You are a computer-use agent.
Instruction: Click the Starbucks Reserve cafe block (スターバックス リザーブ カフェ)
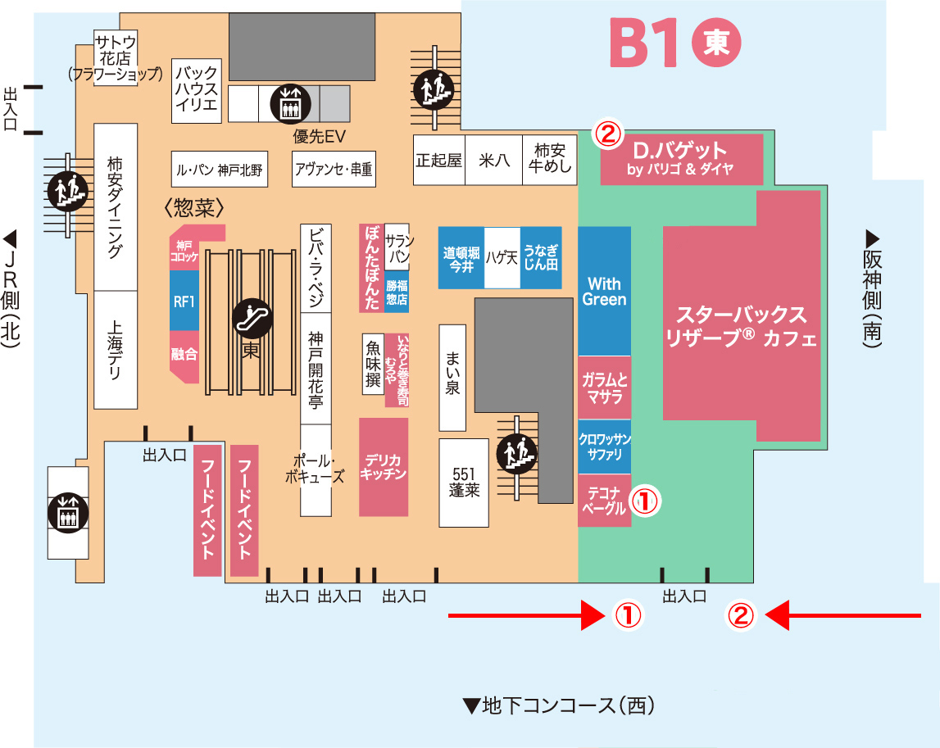(742, 326)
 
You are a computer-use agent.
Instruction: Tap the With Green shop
(605, 291)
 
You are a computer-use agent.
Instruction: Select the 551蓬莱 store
(464, 483)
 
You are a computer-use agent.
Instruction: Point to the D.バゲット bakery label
(681, 159)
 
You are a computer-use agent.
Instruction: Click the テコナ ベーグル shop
(605, 501)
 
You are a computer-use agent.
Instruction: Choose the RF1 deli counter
(184, 301)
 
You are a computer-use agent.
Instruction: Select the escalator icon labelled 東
(250, 318)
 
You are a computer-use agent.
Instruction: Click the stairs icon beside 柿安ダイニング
(66, 191)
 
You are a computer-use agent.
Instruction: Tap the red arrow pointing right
(525, 614)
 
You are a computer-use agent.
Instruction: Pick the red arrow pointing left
(844, 614)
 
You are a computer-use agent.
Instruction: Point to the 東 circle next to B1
(716, 43)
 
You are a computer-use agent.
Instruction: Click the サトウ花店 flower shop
(116, 54)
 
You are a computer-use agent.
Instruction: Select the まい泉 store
(452, 378)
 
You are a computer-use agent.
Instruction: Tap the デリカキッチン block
(384, 467)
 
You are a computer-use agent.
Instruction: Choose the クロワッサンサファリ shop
(605, 446)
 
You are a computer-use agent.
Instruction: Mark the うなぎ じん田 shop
(541, 257)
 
